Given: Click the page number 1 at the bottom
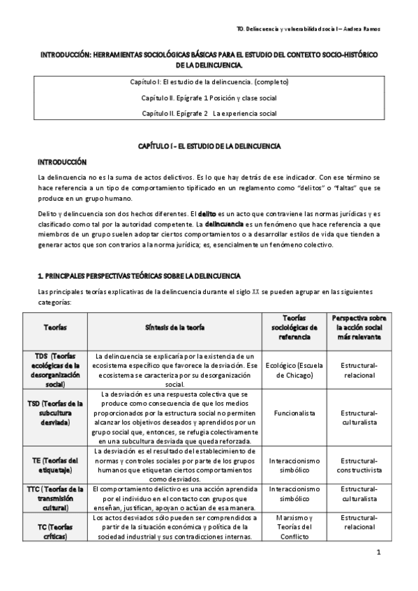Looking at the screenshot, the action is point(378,554).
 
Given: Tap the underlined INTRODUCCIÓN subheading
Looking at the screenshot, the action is point(62,161).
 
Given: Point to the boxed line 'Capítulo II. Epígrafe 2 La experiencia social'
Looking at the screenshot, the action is point(209,113).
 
